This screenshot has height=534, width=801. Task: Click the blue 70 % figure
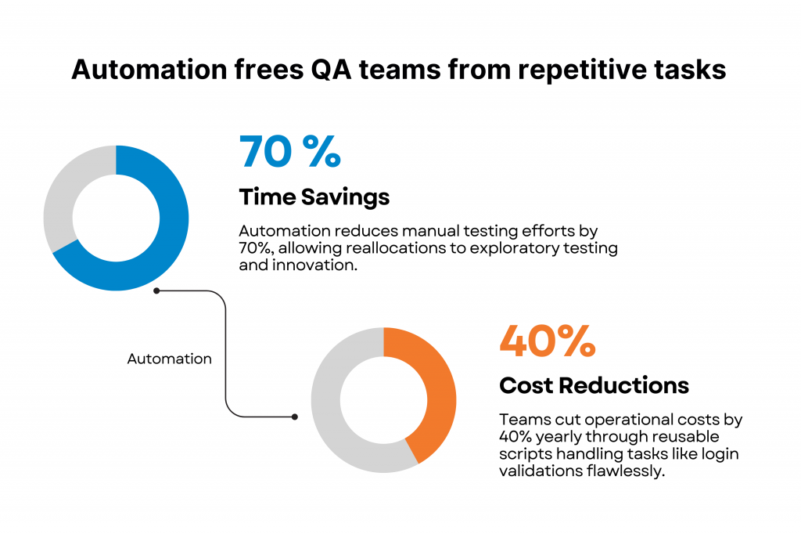tap(289, 151)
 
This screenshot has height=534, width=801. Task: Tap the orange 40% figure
tap(547, 341)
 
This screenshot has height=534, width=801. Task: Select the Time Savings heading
tap(314, 197)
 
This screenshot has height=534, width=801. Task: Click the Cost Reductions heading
tap(594, 385)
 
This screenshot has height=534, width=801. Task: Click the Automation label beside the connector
tap(169, 359)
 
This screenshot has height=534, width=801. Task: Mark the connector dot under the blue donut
tap(156, 290)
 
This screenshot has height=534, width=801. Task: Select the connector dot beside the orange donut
tap(295, 417)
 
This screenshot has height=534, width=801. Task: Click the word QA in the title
tap(331, 70)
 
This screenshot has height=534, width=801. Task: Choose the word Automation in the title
tap(149, 70)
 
